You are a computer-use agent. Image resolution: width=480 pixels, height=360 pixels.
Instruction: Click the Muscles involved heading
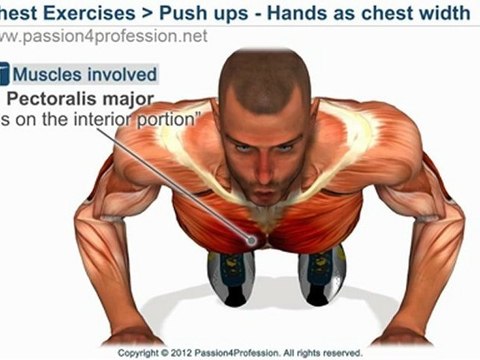[84, 73]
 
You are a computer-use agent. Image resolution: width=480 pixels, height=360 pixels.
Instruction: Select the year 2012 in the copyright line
[184, 352]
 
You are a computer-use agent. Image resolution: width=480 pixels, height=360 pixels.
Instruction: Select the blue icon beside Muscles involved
[4, 73]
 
